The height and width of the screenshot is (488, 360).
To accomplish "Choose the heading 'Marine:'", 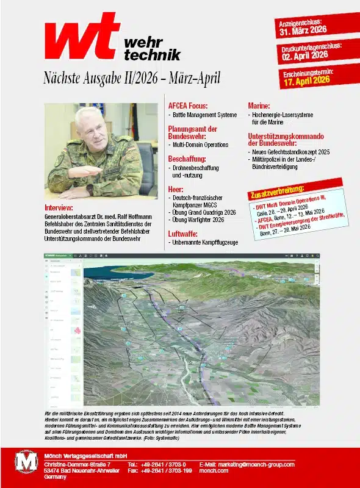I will pyautogui.click(x=259, y=105).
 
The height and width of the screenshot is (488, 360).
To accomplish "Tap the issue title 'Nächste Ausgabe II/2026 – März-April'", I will pyautogui.click(x=132, y=79).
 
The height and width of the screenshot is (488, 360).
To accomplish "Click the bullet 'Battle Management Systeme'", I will pyautogui.click(x=205, y=115).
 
